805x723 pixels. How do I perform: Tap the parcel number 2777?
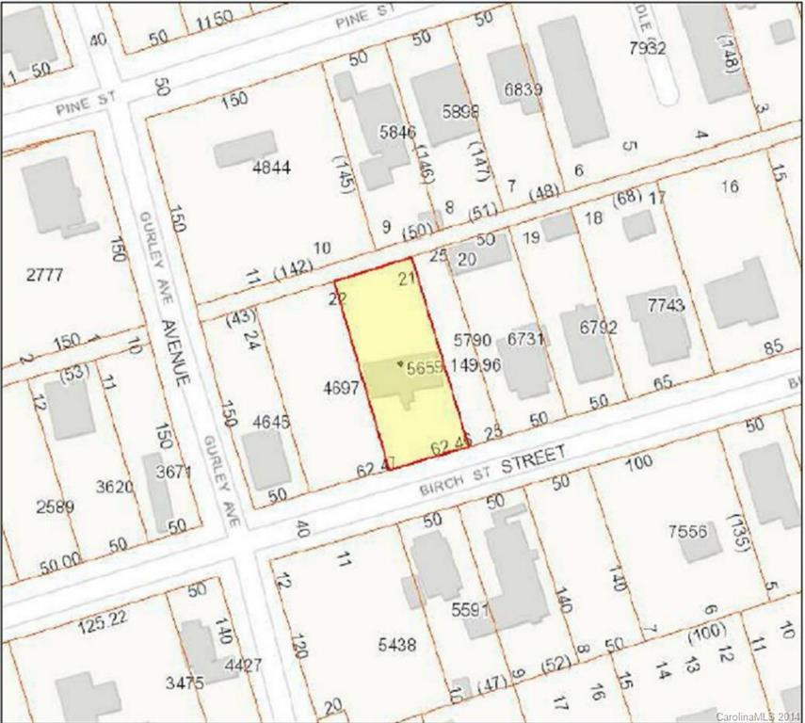pyautogui.click(x=44, y=274)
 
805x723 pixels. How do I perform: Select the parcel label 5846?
pyautogui.click(x=396, y=133)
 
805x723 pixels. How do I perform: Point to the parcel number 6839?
pyautogui.click(x=523, y=90)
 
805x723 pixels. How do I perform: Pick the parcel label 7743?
pyautogui.click(x=668, y=305)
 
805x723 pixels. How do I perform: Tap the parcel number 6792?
pyautogui.click(x=598, y=328)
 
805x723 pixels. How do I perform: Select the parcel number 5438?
pyautogui.click(x=397, y=645)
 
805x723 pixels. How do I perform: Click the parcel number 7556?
pyautogui.click(x=687, y=532)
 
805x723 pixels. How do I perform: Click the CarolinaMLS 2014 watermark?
pyautogui.click(x=758, y=716)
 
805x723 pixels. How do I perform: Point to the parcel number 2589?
pyautogui.click(x=55, y=506)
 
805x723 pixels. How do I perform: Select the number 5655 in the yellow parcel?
pyautogui.click(x=426, y=371)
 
